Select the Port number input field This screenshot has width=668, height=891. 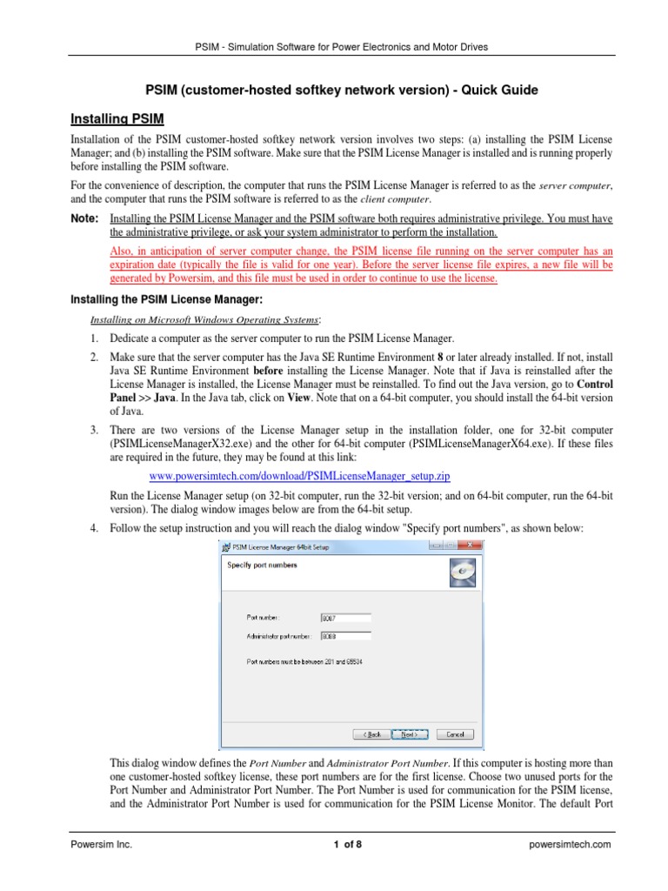point(345,619)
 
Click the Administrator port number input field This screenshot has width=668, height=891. point(345,636)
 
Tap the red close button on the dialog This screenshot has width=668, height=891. point(464,547)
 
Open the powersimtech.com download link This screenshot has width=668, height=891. point(300,477)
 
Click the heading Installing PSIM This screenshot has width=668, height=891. point(117,118)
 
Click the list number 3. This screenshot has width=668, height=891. point(93,431)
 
